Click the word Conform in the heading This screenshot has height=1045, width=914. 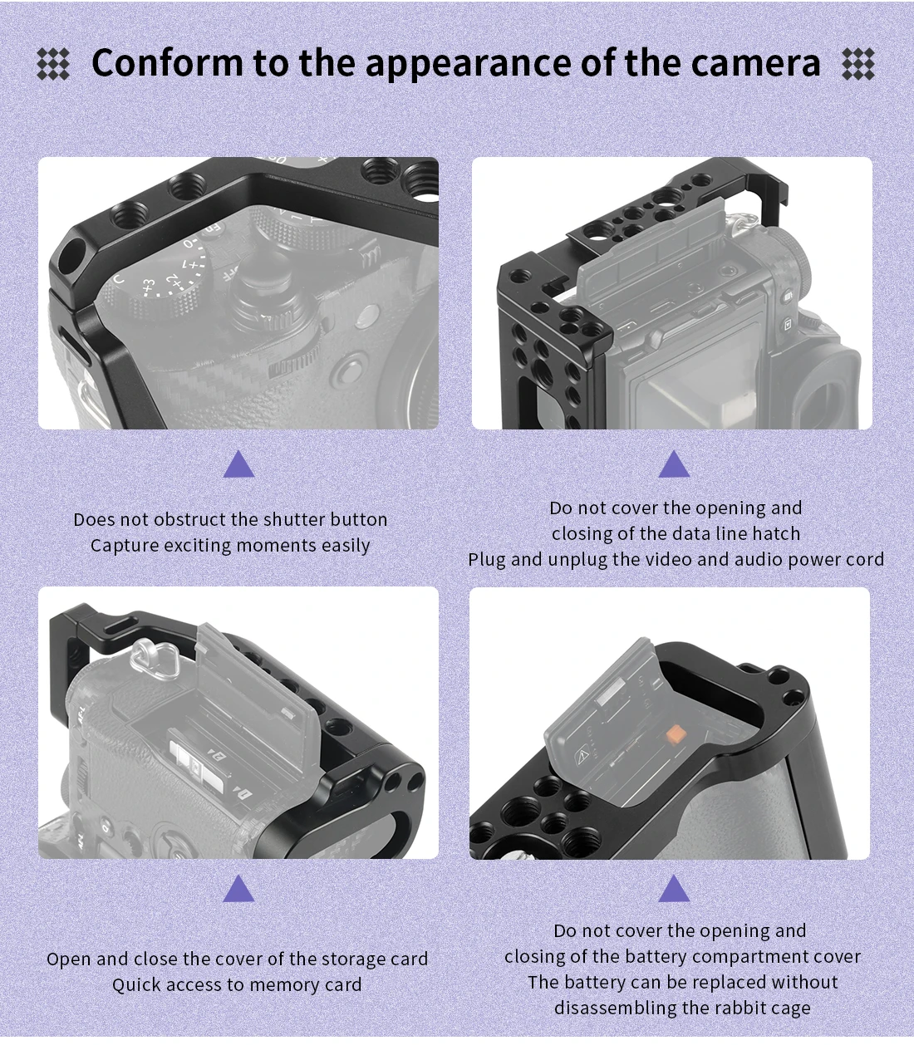(167, 62)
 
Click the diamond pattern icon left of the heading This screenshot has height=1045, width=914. (53, 64)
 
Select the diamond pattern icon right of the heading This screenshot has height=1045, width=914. (858, 64)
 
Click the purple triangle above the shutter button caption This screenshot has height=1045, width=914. (238, 465)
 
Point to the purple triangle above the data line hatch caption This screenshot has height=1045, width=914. (674, 465)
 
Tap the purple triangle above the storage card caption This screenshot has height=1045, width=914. (238, 888)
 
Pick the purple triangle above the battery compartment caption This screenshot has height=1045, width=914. (674, 888)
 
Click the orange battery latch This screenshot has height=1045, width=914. (675, 734)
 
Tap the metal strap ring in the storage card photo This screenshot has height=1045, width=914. (152, 660)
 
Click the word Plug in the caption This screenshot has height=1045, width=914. (487, 560)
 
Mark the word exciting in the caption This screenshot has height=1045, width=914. (198, 546)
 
